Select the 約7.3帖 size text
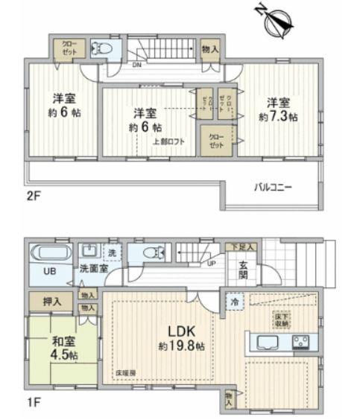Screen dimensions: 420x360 point(279,117)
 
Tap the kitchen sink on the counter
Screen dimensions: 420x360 point(266,343)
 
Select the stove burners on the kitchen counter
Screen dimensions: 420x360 point(302,343)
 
